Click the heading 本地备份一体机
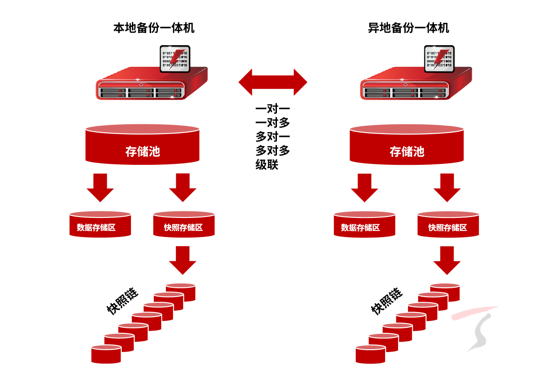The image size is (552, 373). pos(154,28)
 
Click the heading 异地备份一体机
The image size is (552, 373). pos(408,28)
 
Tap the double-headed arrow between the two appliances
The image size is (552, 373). pos(273,82)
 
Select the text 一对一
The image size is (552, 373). pos(273,110)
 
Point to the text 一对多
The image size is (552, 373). pos(273,123)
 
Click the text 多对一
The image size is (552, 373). pos(273,137)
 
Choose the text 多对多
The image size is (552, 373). pos(273,150)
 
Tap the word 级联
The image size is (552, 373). pos(267,164)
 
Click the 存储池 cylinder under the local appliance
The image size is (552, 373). pos(143,146)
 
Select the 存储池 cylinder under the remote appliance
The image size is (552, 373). pos(407,146)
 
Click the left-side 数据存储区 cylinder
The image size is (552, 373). pos(100,225)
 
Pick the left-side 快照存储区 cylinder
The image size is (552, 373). pos(184,225)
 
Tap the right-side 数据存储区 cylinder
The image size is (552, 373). pos(365,225)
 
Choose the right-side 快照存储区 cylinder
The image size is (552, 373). pos(448,225)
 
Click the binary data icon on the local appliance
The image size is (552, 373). pos(175,59)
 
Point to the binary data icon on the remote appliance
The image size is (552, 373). pos(439,59)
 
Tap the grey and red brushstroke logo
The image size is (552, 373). pos(476,328)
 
